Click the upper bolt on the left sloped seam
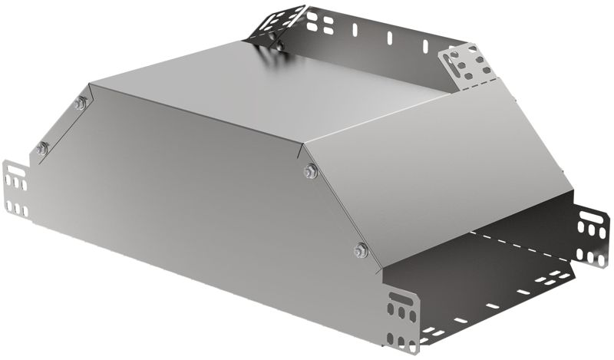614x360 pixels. (x=80, y=103)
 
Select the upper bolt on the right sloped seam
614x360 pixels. (x=310, y=170)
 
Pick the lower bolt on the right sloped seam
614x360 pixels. (x=360, y=249)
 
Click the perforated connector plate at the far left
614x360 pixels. (x=16, y=188)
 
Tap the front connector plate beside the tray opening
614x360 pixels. (x=402, y=316)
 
